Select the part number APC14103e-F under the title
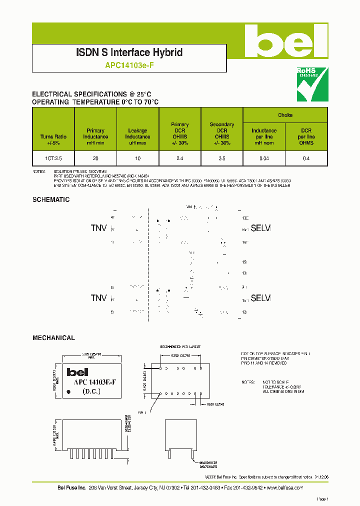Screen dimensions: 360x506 coord(129,64)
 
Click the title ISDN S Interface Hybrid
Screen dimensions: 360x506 coord(129,52)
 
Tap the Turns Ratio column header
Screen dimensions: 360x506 coord(53,136)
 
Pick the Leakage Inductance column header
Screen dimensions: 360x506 coord(137,133)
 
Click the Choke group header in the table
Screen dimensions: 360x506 coord(285,115)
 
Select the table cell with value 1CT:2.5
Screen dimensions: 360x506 coord(53,158)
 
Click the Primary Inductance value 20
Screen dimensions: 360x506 coord(95,158)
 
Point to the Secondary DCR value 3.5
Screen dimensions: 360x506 coord(221,158)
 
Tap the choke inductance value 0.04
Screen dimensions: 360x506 coord(264,158)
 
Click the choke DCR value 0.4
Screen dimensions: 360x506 coord(306,158)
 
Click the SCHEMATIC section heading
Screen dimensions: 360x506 coord(51,199)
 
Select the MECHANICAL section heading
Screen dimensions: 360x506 coord(53,338)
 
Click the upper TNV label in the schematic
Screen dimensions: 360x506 coord(99,228)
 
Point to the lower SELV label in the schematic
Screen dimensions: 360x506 coord(260,298)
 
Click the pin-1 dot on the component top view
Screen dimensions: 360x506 coord(68,391)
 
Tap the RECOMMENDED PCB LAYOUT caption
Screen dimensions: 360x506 coord(180,346)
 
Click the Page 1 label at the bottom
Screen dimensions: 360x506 coord(322,499)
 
